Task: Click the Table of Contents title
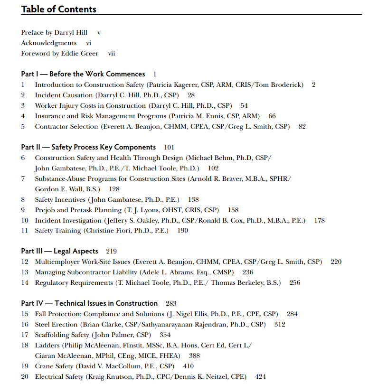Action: tap(58, 9)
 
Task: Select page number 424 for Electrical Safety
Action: tap(260, 377)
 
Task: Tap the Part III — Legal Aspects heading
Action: tap(59, 251)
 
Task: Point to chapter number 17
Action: tap(25, 335)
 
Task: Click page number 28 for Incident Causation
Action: tap(191, 95)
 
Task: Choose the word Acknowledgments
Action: tap(48, 43)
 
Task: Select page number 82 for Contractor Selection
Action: tap(302, 127)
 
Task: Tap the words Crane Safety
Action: tap(54, 366)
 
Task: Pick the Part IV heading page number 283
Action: tap(171, 303)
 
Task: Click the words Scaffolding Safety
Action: tap(62, 335)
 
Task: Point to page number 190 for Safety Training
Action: tap(182, 231)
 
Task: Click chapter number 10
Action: tap(25, 220)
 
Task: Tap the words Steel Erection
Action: tap(56, 325)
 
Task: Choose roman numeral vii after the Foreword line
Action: tap(112, 54)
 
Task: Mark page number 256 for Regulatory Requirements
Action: tap(294, 283)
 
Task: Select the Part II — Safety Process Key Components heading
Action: tap(88, 147)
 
